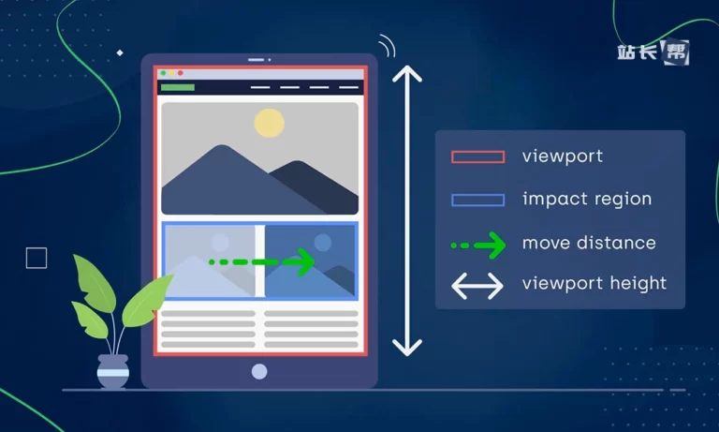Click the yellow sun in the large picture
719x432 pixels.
(270, 123)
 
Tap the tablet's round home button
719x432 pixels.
(259, 371)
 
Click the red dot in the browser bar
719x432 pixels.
(181, 73)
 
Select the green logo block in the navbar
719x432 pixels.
(178, 87)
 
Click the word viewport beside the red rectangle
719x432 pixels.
(562, 156)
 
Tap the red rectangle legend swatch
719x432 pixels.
(477, 157)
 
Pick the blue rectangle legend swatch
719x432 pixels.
(477, 200)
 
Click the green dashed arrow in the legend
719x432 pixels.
(478, 246)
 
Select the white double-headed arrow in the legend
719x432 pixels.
(477, 286)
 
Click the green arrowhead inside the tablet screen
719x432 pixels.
(303, 261)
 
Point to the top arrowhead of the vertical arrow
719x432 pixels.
(407, 73)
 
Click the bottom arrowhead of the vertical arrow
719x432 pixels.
(407, 348)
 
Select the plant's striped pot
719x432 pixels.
(112, 371)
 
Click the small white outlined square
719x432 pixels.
(37, 258)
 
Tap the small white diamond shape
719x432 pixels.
(120, 52)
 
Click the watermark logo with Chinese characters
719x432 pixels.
(653, 52)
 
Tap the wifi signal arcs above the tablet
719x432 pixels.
(387, 46)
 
